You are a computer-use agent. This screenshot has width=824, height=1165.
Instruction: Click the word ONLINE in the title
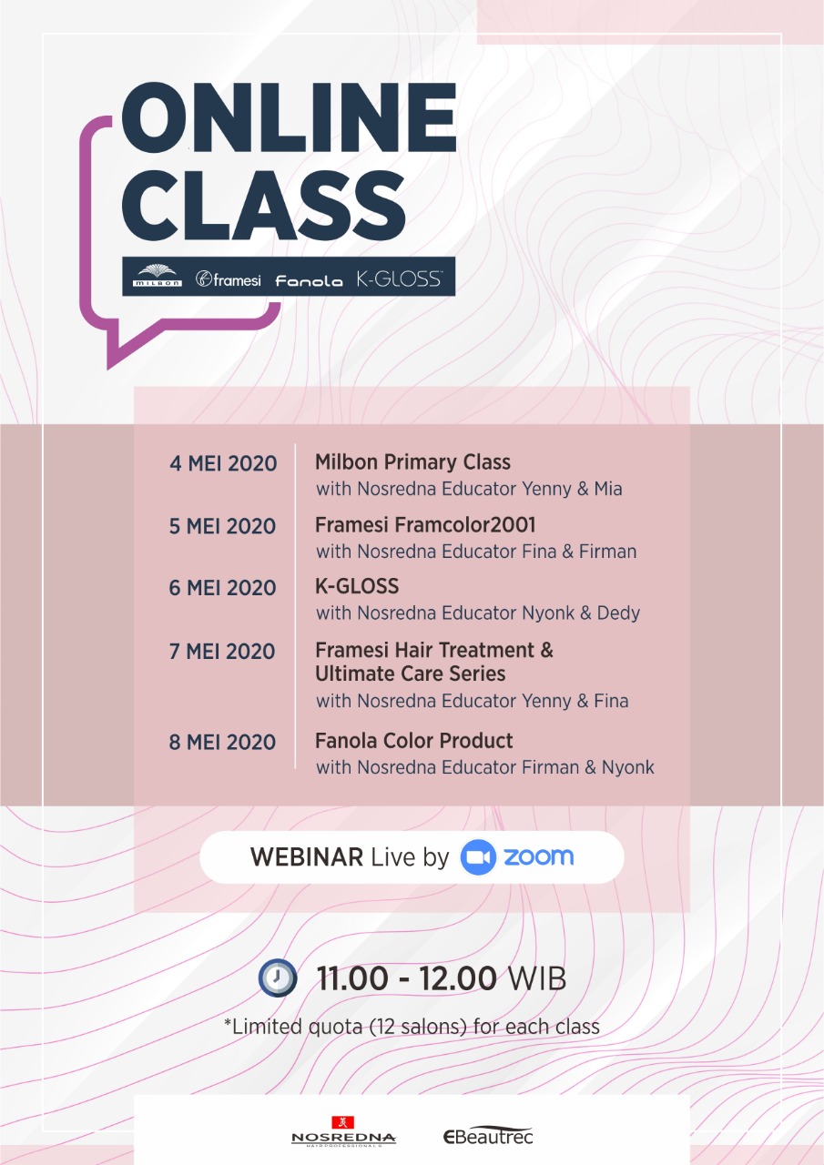point(290,118)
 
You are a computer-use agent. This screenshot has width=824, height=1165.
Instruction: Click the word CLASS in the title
point(263,205)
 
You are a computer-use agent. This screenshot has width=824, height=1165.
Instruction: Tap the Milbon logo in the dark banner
point(158,276)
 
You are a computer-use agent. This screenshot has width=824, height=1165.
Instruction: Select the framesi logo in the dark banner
point(228,279)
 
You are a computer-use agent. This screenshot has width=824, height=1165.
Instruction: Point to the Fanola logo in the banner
point(309,281)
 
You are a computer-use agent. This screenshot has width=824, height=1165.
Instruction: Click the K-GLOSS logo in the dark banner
point(400,279)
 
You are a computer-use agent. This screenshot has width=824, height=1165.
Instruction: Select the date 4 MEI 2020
point(223,463)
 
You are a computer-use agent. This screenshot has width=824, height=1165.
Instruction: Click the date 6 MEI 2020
point(222,588)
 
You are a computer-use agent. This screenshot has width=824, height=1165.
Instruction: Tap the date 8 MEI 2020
point(222,742)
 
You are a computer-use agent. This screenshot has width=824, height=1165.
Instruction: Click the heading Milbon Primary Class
point(412,462)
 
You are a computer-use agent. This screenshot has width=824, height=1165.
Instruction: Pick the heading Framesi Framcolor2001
point(425,525)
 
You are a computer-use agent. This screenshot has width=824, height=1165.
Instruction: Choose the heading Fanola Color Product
point(413,741)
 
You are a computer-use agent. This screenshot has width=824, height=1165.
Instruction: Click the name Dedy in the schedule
point(618,613)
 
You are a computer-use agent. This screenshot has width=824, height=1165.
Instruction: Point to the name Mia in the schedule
point(608,489)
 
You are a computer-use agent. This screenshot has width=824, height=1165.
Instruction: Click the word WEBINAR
point(307,857)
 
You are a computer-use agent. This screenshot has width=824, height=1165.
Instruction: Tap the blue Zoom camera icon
point(478,857)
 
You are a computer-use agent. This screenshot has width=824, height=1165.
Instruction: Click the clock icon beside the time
point(278,978)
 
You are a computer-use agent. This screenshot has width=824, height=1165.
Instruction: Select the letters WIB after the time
point(536,978)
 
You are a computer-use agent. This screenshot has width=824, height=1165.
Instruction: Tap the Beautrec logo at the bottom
point(488,1136)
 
